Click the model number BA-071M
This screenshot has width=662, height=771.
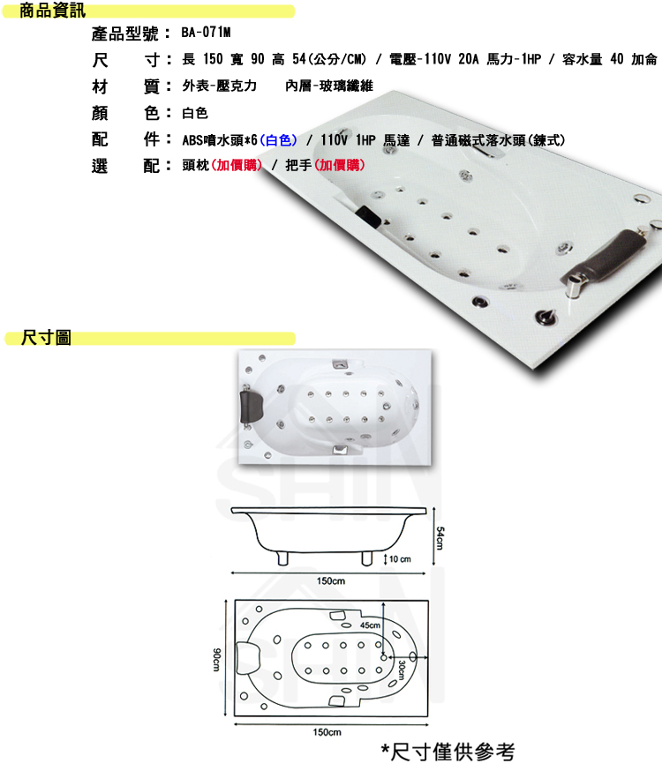pos(206,33)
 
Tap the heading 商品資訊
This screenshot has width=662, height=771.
pos(52,11)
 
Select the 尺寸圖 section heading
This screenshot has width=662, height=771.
pos(46,338)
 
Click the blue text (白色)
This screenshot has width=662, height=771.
pos(278,140)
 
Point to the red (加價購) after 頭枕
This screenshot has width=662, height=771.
pos(237,165)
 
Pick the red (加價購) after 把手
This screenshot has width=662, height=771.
pos(339,165)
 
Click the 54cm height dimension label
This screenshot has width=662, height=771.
pos(440,538)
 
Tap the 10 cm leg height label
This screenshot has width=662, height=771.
pos(400,559)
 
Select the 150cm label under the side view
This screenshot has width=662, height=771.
pos(330,581)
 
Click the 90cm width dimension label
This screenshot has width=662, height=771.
pos(216,659)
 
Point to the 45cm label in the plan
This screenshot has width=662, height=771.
pos(370,625)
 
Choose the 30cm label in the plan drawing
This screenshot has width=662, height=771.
pos(402,670)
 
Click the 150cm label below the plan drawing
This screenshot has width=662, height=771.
pos(327,732)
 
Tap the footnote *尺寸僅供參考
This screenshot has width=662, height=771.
pos(448,752)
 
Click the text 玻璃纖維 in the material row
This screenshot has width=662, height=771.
pos(346,86)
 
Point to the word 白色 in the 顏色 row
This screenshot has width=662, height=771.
pos(195,113)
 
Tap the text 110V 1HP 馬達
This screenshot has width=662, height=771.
pos(365,140)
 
